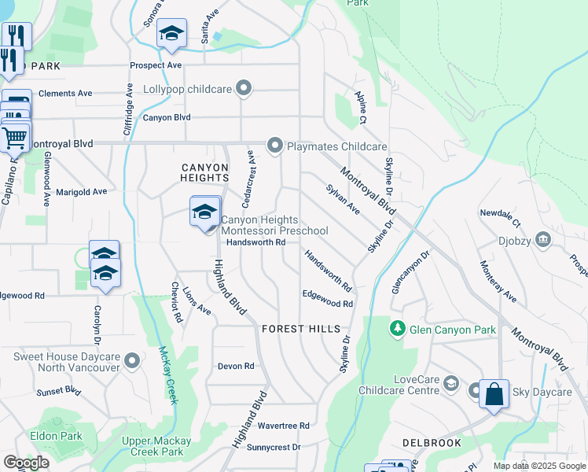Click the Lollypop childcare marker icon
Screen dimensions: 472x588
click(244, 89)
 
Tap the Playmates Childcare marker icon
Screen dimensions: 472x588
click(274, 146)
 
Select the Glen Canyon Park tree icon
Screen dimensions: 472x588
click(399, 328)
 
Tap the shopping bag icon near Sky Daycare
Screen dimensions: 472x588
click(494, 393)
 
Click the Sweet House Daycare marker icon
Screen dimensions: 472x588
click(132, 361)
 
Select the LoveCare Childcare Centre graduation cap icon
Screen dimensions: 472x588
click(451, 384)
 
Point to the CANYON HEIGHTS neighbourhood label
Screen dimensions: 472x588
click(204, 173)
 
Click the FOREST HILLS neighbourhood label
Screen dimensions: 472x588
click(301, 329)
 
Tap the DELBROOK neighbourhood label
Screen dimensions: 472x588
click(432, 444)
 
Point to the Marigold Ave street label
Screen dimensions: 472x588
click(81, 191)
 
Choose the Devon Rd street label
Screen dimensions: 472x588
click(236, 366)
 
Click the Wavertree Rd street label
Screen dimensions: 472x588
click(283, 426)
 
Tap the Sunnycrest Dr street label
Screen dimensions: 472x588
click(274, 447)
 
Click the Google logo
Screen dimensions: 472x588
click(26, 463)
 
